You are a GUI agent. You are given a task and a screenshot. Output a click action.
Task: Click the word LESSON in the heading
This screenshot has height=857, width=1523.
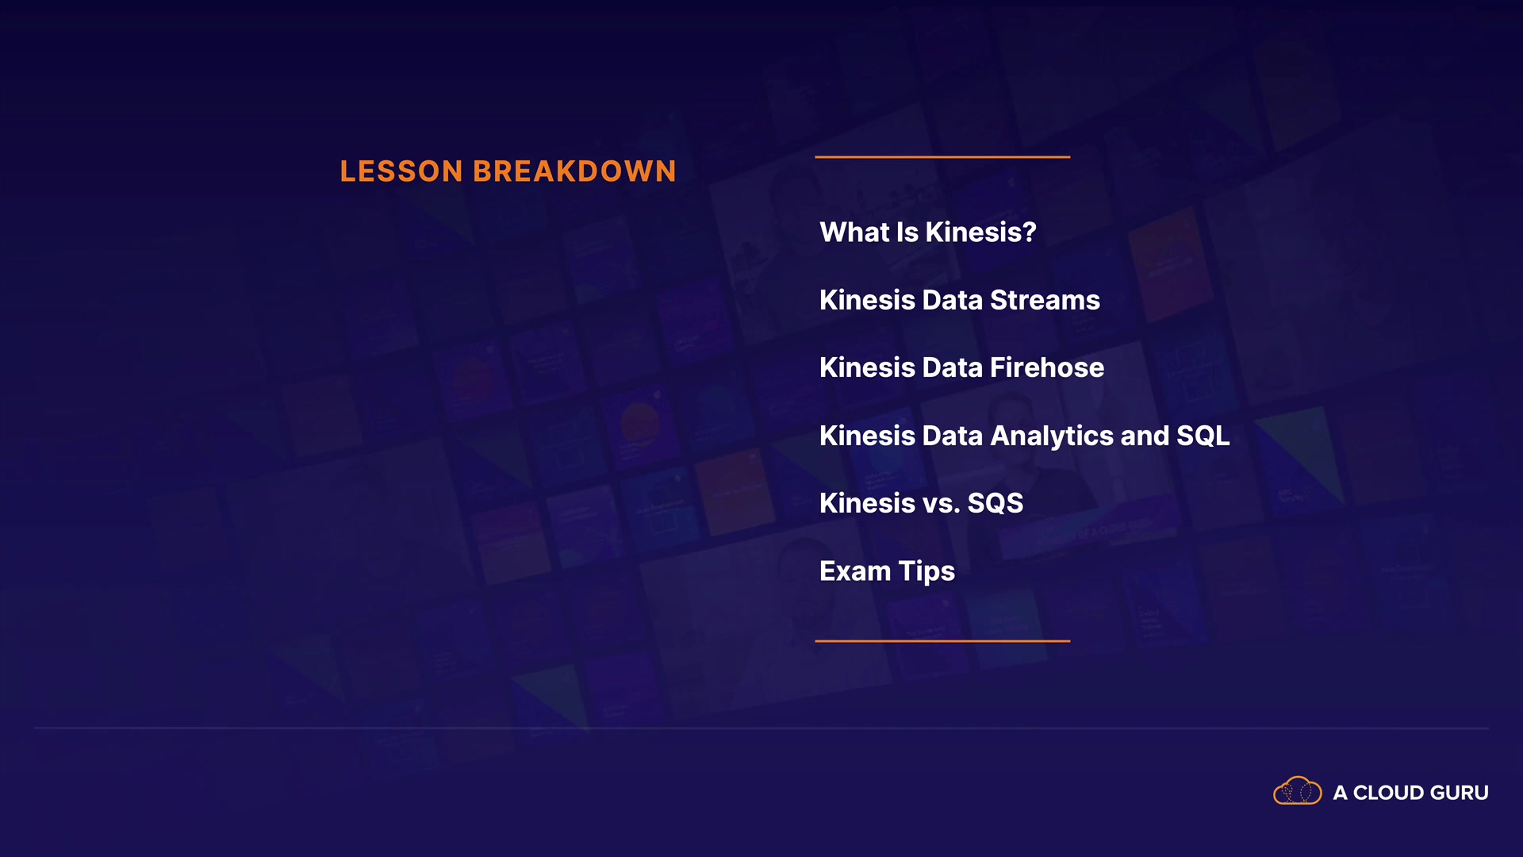pos(401,171)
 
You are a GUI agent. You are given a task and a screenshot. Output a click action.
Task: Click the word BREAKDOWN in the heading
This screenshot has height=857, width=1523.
pos(575,171)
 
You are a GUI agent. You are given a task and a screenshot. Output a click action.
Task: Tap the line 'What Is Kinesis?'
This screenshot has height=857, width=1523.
pos(928,233)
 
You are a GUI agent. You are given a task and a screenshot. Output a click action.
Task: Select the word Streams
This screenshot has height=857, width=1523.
pos(1045,300)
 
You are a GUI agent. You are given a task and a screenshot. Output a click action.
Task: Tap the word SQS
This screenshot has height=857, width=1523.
pos(996,503)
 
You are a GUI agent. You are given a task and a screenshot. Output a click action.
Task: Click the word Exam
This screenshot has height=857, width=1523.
pos(855,571)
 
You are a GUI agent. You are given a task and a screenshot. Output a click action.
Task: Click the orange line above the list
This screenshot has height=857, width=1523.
pos(942,157)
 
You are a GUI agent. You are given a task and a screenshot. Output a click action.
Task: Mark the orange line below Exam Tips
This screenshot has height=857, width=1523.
pos(942,640)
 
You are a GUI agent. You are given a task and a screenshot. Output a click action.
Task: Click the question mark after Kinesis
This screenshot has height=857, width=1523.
pos(1029,233)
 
